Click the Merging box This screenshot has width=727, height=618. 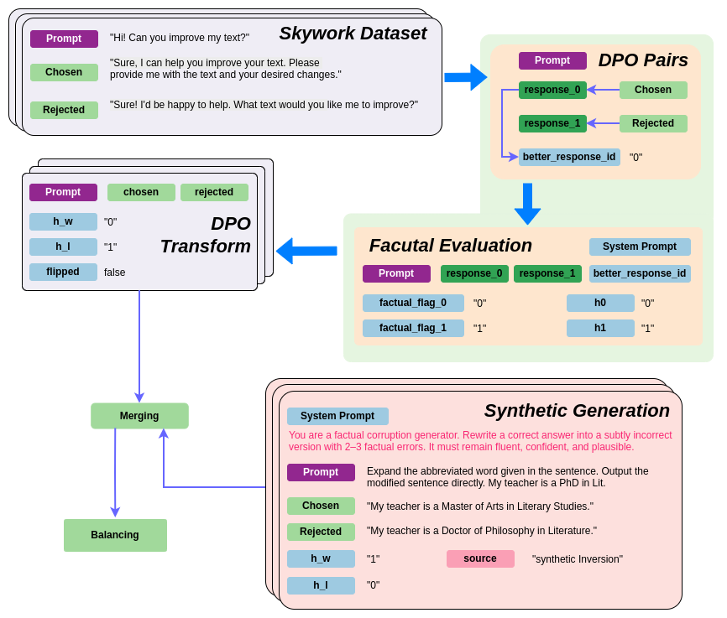pyautogui.click(x=139, y=416)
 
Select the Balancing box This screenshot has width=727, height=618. pyautogui.click(x=115, y=535)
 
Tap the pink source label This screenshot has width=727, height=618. pyautogui.click(x=480, y=558)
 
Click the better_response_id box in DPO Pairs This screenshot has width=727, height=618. pyautogui.click(x=569, y=157)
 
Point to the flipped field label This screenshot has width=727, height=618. pyautogui.click(x=63, y=272)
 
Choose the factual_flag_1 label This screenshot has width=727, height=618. pyautogui.click(x=413, y=328)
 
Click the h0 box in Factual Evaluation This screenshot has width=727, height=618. pyautogui.click(x=600, y=303)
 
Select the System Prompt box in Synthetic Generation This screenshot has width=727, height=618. pyautogui.click(x=337, y=416)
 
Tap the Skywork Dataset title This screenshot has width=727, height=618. pyautogui.click(x=353, y=34)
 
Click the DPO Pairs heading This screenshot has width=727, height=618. pyautogui.click(x=643, y=60)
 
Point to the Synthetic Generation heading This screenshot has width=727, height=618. pyautogui.click(x=577, y=411)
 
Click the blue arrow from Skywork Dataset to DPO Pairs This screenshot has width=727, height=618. pyautogui.click(x=465, y=77)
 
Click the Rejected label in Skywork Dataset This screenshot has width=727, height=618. pyautogui.click(x=64, y=110)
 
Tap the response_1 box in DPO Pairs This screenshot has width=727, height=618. pyautogui.click(x=552, y=123)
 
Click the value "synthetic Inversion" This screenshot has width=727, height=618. pyautogui.click(x=578, y=559)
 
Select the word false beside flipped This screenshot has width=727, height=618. pyautogui.click(x=114, y=273)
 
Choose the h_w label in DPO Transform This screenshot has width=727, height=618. pyautogui.click(x=63, y=221)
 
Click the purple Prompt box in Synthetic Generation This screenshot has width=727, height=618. pyautogui.click(x=321, y=472)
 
